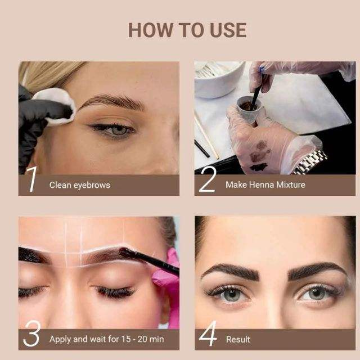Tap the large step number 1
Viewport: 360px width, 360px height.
(31, 179)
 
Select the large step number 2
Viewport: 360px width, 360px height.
(207, 179)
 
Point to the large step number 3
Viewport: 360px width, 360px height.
(32, 334)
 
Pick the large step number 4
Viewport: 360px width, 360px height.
(208, 333)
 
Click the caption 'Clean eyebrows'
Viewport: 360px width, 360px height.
(80, 185)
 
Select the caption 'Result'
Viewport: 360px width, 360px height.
(238, 339)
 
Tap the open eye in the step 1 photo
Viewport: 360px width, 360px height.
(113, 130)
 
